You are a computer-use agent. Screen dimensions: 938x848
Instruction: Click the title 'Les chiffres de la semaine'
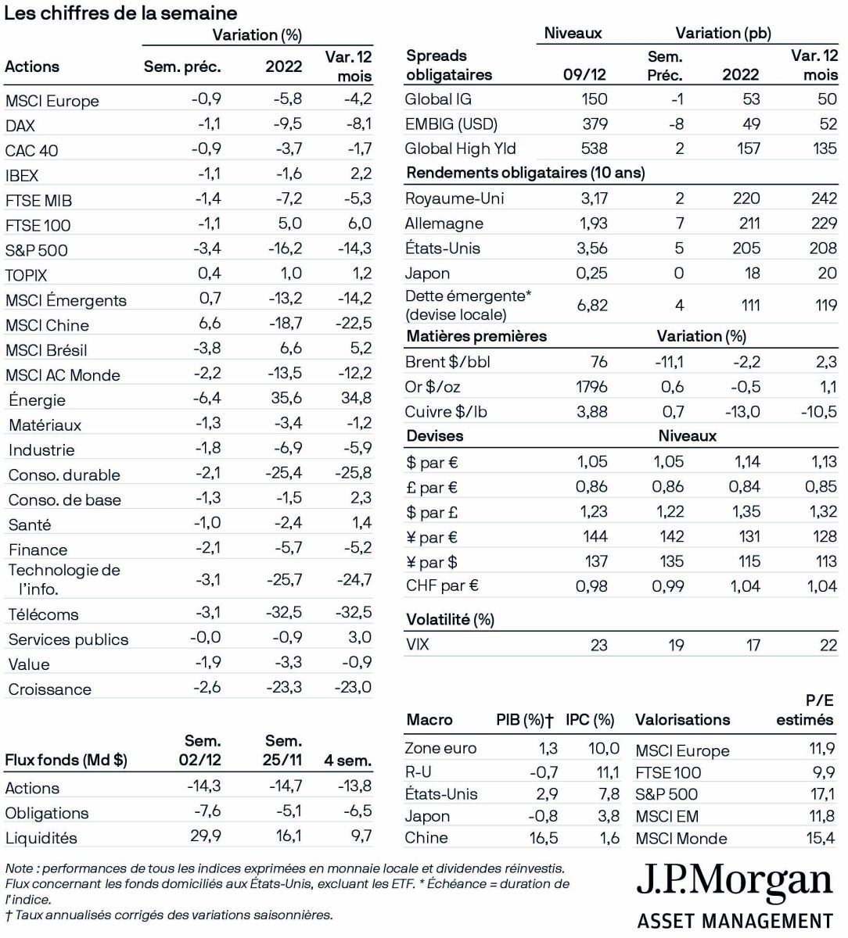(121, 13)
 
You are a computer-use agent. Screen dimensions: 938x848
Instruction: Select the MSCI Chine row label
(47, 325)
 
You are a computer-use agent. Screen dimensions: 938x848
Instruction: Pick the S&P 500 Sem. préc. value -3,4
(207, 249)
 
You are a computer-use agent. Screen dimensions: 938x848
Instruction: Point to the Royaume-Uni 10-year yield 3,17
(593, 199)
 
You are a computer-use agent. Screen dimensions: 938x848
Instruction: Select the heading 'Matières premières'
(476, 337)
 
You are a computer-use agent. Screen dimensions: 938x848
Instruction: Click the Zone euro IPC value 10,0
(603, 748)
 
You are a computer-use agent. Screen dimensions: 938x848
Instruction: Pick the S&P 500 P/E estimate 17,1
(821, 794)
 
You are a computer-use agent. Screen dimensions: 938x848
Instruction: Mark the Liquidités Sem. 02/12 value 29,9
(205, 836)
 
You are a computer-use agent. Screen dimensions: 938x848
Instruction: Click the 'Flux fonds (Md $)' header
(66, 760)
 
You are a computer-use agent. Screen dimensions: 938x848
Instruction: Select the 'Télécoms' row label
(43, 614)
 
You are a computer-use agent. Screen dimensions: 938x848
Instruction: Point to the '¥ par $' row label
(431, 562)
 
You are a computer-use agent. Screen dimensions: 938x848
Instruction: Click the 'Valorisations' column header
(682, 720)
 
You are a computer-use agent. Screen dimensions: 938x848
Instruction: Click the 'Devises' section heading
(435, 436)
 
